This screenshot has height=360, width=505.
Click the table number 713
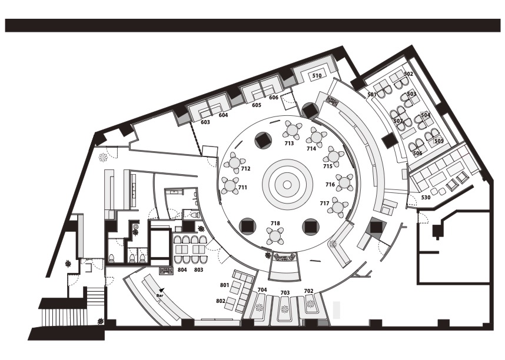[x=289, y=144]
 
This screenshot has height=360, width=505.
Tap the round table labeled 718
[x=275, y=236]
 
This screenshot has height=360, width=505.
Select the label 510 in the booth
[x=317, y=76]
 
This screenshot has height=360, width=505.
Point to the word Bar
[x=160, y=295]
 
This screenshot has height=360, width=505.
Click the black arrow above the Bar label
[x=162, y=290]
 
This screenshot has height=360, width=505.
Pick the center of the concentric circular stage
[x=287, y=185]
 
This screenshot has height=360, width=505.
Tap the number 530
[x=426, y=198]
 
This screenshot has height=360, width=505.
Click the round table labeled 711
[x=230, y=185]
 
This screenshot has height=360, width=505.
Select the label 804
[x=182, y=270]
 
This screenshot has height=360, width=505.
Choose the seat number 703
[x=285, y=293]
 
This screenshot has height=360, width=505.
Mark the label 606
[x=274, y=98]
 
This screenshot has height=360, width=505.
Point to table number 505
[x=439, y=141]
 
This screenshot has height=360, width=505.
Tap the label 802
[x=221, y=301]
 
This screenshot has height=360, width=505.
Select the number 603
[x=205, y=122]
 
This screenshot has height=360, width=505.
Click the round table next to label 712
[x=235, y=163]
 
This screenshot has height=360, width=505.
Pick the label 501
[x=372, y=95]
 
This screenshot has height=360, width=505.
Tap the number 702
[x=308, y=291]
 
